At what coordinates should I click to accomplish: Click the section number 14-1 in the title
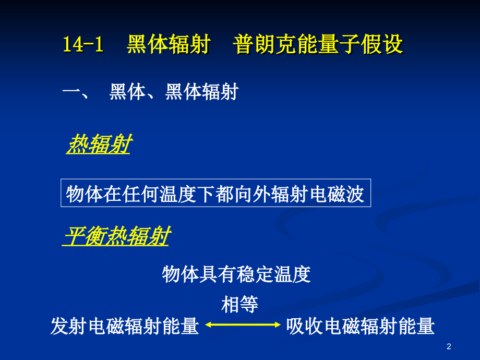tap(83, 45)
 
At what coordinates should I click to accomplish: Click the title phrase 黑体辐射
tap(168, 45)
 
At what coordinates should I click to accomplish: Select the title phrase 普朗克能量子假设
tap(318, 45)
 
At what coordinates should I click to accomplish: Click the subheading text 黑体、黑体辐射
tap(173, 92)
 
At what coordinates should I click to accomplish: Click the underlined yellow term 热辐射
tap(99, 145)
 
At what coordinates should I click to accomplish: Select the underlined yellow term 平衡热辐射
tap(117, 237)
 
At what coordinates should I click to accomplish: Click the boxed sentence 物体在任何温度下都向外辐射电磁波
tap(215, 194)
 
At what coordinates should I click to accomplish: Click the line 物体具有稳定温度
tap(236, 273)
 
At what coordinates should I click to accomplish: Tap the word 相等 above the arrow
tap(239, 304)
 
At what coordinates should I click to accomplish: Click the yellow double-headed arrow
tap(243, 325)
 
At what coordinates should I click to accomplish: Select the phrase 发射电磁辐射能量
tap(125, 327)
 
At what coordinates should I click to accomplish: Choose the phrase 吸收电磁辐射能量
tap(361, 327)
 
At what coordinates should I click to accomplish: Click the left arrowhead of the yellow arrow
tap(208, 325)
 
